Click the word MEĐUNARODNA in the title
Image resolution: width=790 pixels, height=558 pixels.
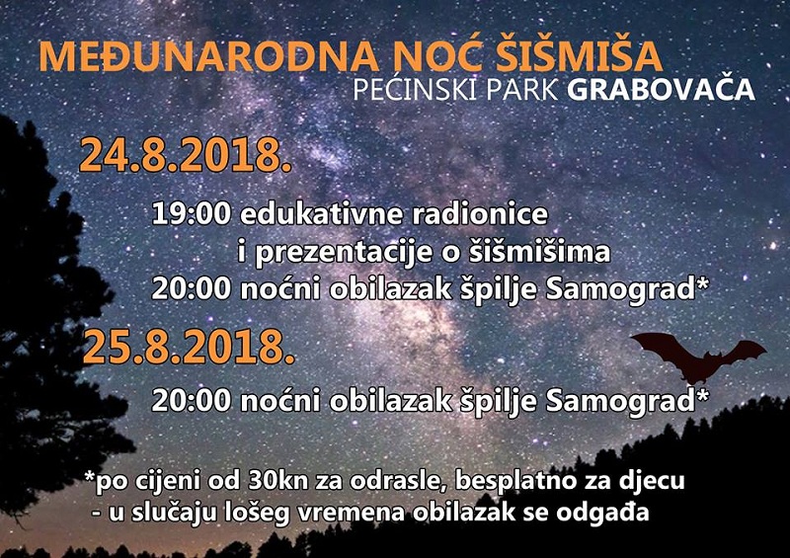(208, 56)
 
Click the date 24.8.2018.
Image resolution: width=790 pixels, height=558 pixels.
(186, 156)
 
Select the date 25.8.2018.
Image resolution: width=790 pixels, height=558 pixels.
(189, 348)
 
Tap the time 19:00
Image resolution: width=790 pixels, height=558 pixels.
(192, 214)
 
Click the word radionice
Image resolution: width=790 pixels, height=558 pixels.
(480, 214)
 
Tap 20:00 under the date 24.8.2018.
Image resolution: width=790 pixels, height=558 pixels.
(192, 289)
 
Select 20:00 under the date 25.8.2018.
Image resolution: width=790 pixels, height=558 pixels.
(192, 402)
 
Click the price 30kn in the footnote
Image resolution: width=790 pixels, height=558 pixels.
(277, 481)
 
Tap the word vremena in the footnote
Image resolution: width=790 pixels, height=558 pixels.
(352, 514)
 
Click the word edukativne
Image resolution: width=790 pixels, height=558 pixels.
(322, 214)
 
